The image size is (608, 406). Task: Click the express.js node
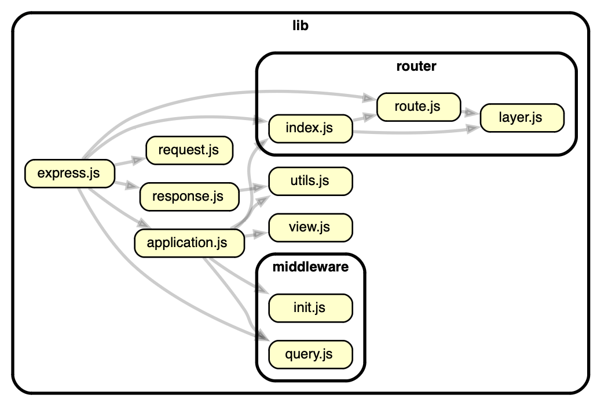(69, 173)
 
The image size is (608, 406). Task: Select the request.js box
(189, 150)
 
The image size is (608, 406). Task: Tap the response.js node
(188, 197)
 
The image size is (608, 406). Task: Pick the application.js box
(188, 242)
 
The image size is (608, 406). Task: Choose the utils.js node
(309, 181)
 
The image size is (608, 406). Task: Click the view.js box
(309, 227)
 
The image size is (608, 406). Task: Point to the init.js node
(309, 307)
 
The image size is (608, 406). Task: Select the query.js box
(309, 353)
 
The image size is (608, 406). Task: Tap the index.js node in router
(309, 128)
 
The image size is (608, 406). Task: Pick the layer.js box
(520, 118)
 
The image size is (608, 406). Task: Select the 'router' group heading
(416, 66)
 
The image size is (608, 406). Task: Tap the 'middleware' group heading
(310, 267)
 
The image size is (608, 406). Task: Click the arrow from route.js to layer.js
(470, 112)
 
